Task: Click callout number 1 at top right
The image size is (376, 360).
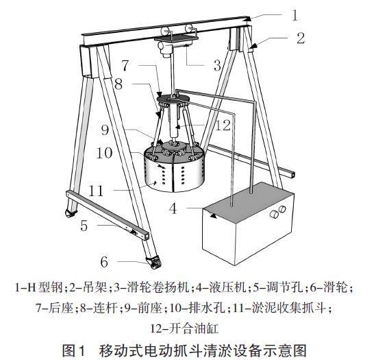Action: pos(295,15)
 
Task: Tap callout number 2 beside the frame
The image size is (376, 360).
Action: pos(301,38)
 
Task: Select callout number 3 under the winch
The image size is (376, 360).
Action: pos(217,65)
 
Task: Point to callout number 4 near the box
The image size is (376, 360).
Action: pos(173,208)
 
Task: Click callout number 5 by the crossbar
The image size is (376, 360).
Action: pos(84,226)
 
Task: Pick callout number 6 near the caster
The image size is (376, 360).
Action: pos(104,262)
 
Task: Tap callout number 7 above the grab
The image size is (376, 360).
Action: pos(125,65)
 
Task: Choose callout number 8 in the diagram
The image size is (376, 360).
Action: pos(118,84)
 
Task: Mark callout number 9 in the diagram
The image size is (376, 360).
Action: pos(105,130)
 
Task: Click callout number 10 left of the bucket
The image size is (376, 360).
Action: pos(104,153)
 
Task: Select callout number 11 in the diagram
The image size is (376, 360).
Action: pos(96,191)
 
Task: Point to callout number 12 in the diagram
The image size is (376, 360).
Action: pos(223,125)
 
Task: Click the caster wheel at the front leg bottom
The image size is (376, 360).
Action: pos(154,262)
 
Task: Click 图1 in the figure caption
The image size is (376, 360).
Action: pos(73,350)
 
